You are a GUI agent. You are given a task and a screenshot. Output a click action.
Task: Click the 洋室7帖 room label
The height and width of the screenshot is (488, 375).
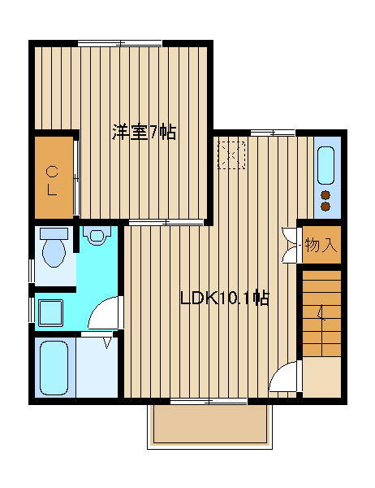point(144,133)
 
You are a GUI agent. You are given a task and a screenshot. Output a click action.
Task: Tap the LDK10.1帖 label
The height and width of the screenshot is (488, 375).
point(224,298)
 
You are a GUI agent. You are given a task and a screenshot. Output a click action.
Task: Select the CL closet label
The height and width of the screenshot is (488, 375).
point(52,181)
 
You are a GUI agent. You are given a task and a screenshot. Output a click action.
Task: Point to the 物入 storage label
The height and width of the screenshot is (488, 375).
point(321,245)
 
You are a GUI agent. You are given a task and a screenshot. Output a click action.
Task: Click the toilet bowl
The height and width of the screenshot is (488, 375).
point(54,253)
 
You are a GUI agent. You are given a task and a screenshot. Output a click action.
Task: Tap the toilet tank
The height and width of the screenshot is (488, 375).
point(54,233)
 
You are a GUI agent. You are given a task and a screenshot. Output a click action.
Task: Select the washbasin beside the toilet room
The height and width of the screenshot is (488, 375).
point(97,235)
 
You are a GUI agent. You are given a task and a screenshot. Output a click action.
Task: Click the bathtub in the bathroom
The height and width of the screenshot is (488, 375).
point(54,368)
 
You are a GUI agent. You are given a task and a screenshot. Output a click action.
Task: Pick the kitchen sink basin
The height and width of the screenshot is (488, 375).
point(326,165)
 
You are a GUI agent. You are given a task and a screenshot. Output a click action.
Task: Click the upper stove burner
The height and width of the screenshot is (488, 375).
point(325,195)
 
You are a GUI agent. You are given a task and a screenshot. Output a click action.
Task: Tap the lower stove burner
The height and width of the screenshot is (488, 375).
point(325,206)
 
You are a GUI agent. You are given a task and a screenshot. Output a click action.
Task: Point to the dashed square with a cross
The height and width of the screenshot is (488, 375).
point(231,155)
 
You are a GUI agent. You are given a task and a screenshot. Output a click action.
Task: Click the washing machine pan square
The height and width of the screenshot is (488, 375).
point(51,313)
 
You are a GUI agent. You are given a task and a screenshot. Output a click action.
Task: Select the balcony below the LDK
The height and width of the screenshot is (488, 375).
point(209,426)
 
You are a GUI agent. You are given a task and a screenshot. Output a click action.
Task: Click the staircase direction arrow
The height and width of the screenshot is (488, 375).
point(321,313)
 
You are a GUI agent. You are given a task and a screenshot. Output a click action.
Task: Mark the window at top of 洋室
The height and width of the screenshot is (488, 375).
point(120,43)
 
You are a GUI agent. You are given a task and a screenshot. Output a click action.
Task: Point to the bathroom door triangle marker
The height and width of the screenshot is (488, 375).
point(107,343)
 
